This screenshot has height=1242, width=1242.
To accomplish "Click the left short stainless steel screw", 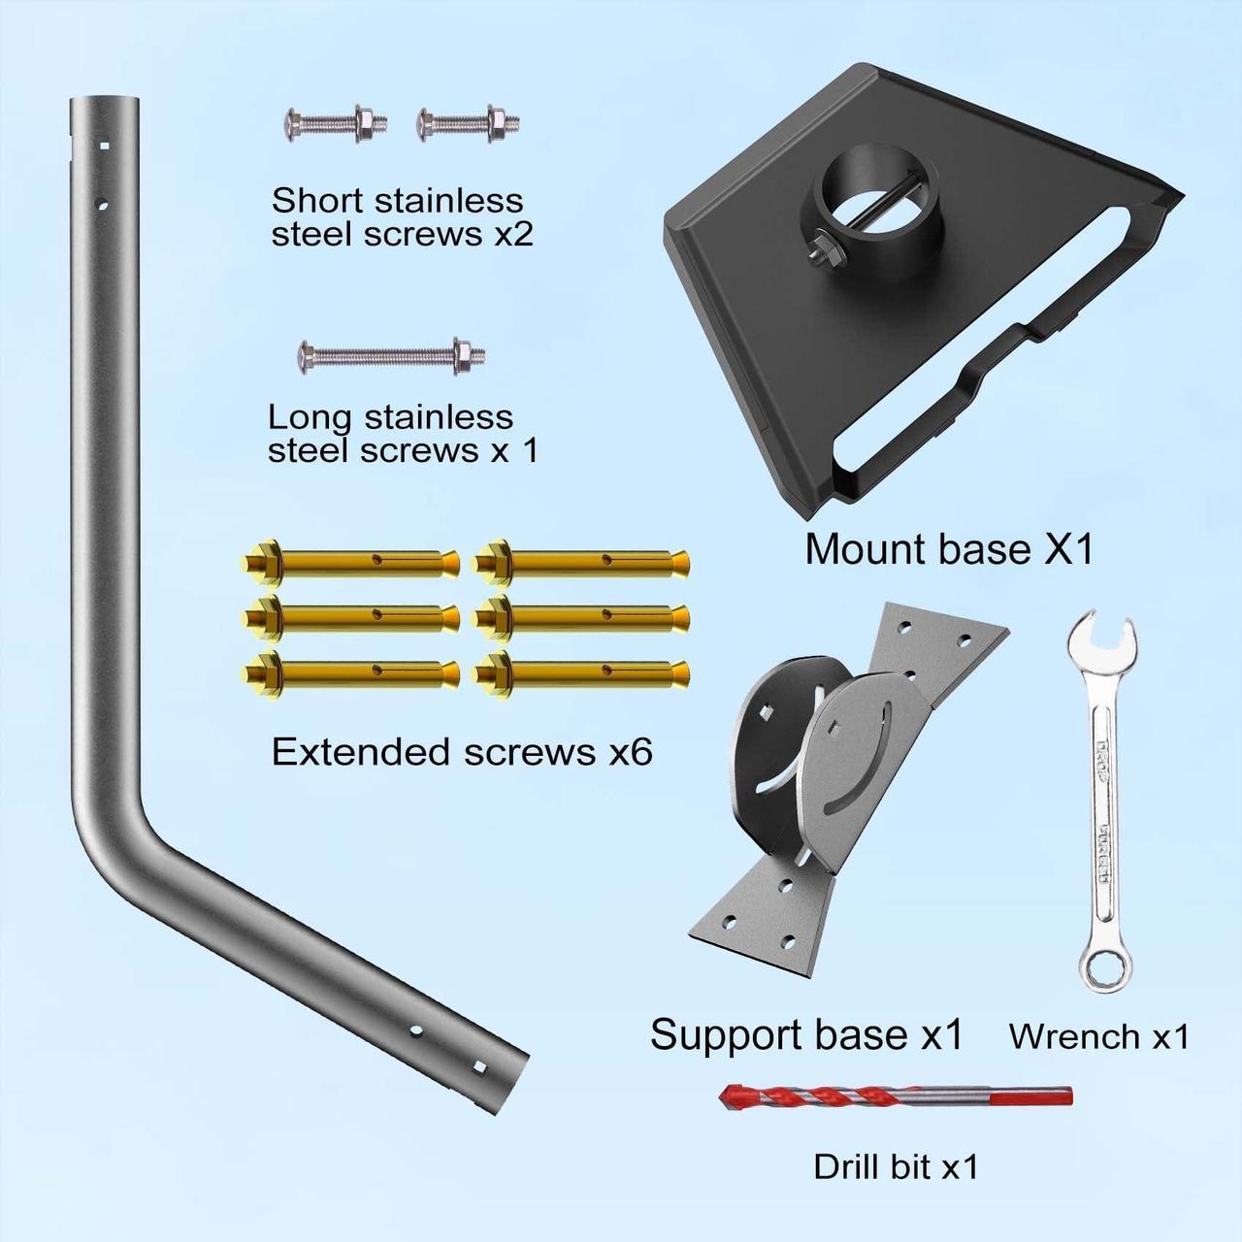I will click(x=336, y=123).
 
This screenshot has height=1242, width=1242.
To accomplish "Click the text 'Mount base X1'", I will click(x=949, y=549).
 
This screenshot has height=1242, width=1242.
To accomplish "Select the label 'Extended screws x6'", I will click(x=462, y=752).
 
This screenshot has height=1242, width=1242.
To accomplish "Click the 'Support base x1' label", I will click(x=806, y=1034).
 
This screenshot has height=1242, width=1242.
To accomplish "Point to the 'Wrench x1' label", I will click(x=1098, y=1036).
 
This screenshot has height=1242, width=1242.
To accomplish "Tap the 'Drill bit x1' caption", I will click(x=896, y=1166).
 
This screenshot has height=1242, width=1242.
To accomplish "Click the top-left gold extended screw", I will click(x=353, y=561).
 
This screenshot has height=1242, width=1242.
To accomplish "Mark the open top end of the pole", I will click(x=105, y=101).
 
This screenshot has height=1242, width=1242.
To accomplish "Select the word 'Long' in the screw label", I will click(x=308, y=417).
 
